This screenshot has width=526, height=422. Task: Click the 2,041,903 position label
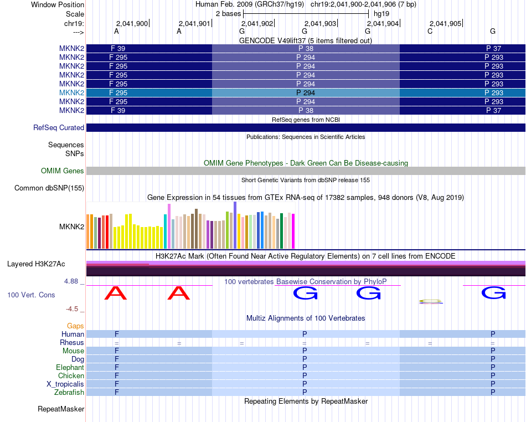(320, 24)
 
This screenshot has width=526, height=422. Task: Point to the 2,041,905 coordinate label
(445, 24)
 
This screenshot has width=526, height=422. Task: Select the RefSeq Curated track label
(59, 128)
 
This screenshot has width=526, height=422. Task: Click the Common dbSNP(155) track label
(49, 188)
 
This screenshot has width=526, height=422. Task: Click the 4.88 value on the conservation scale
(71, 281)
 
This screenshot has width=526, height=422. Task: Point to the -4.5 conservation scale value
(73, 309)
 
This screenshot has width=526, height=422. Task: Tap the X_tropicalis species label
(65, 384)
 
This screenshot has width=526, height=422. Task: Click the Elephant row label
(70, 368)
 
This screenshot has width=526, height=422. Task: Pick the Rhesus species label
(72, 343)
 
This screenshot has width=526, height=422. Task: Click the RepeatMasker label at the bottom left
(61, 409)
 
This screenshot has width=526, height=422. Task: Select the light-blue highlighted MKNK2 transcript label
(71, 92)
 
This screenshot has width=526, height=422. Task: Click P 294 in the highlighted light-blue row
(306, 92)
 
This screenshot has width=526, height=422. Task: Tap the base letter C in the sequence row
(430, 32)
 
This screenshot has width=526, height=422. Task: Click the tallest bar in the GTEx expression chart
(235, 225)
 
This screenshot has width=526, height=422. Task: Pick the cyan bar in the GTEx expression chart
(166, 231)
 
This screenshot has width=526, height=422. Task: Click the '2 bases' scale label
(227, 13)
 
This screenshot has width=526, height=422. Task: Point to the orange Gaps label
(75, 326)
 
